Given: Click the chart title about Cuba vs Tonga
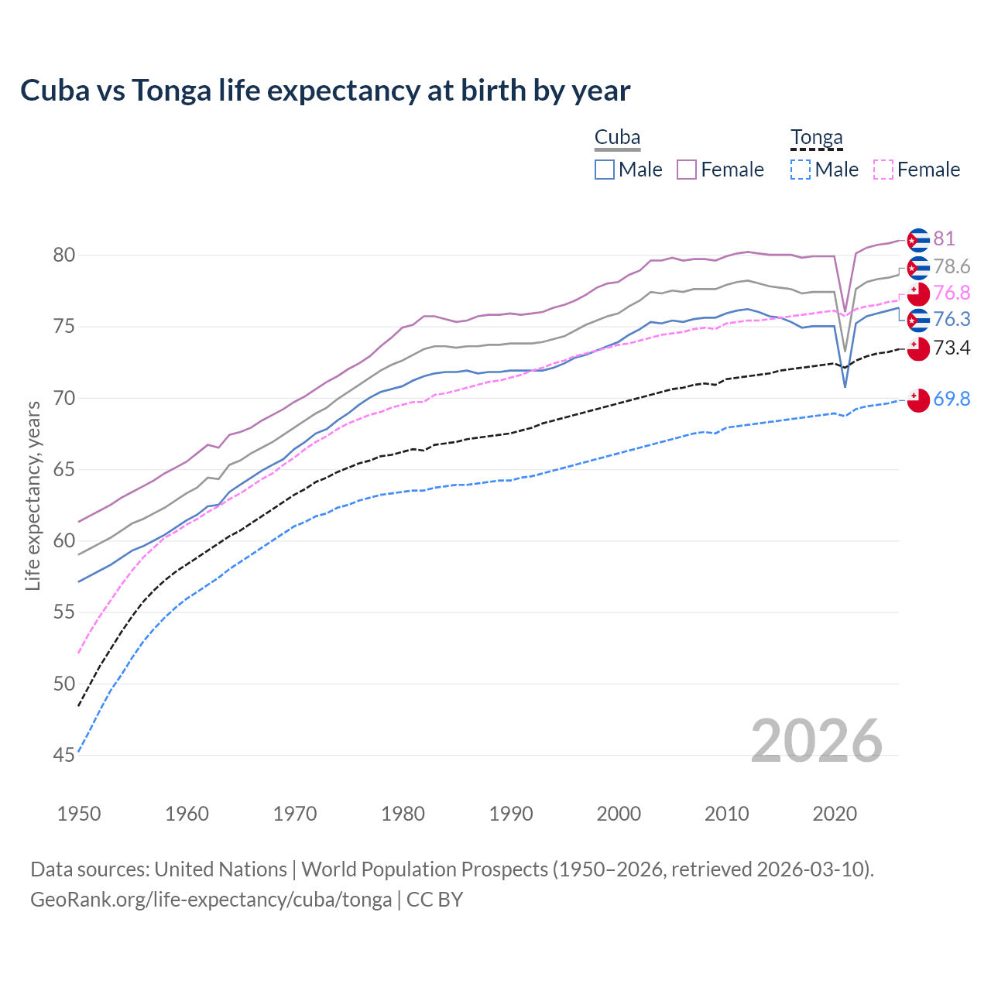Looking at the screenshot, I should tap(325, 91).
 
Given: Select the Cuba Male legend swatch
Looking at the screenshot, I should tap(605, 170).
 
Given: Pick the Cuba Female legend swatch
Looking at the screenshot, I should tap(687, 170).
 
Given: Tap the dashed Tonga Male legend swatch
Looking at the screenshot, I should tap(801, 170).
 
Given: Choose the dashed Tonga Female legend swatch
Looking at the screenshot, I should tap(883, 170).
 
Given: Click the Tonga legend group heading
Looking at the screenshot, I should tap(816, 138).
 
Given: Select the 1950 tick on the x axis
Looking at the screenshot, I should tap(79, 814).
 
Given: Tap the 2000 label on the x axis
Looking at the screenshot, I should tap(619, 814).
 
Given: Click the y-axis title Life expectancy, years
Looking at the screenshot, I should tap(33, 495).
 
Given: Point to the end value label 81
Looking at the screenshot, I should tap(944, 238).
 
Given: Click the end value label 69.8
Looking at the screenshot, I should tap(952, 399).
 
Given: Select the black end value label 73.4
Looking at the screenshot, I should tap(952, 348).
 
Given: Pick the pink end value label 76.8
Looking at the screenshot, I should tap(952, 293).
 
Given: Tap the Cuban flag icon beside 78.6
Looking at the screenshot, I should tap(918, 268).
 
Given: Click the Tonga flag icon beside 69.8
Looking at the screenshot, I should tap(918, 400).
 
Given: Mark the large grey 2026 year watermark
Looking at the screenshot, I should tap(816, 741).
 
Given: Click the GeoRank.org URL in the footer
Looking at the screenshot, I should tap(211, 900).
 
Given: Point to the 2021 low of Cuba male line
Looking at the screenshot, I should tap(845, 386).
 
